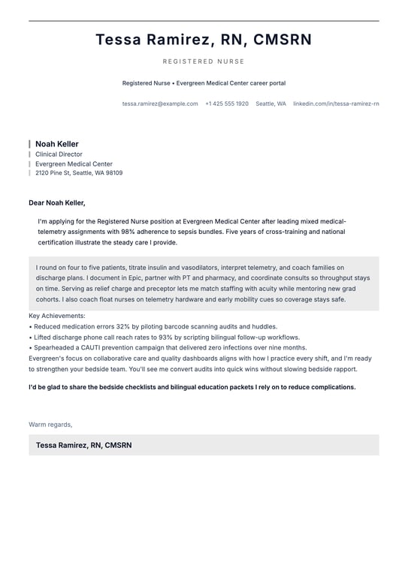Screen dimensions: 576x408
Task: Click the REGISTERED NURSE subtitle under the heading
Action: (204, 61)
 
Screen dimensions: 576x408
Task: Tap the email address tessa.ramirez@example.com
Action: (160, 103)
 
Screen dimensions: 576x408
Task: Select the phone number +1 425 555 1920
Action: (227, 103)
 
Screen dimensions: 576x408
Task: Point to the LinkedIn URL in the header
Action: (336, 103)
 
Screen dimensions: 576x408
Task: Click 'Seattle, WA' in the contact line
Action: (270, 103)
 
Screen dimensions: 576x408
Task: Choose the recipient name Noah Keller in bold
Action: (57, 144)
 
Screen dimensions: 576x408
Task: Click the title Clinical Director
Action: (59, 154)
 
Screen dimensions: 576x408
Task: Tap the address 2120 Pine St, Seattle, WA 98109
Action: (79, 173)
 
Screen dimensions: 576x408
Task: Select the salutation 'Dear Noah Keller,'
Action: (57, 202)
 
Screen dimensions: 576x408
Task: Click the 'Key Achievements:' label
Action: (57, 316)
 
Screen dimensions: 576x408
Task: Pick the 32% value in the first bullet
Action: (122, 327)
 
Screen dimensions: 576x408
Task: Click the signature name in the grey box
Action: (83, 445)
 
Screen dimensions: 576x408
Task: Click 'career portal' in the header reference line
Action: (265, 83)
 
